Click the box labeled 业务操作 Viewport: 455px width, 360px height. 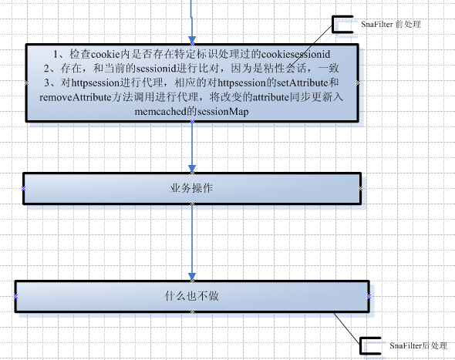point(192,189)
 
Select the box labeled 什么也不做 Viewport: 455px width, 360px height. point(192,296)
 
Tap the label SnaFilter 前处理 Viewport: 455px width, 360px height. point(391,25)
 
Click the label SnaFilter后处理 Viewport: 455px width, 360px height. point(418,346)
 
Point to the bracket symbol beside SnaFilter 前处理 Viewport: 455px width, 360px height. point(334,25)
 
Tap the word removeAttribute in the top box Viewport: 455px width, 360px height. point(76,97)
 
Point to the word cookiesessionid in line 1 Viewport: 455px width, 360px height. point(296,54)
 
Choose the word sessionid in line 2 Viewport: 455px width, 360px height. point(157,69)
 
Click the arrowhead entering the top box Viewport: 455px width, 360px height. point(192,40)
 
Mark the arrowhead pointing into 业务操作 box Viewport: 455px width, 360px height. point(192,169)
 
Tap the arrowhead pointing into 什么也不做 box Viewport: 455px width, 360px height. point(192,277)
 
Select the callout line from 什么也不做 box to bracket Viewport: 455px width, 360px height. point(346,328)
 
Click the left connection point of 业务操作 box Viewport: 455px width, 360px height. point(23,189)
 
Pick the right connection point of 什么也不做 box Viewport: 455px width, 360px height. point(369,296)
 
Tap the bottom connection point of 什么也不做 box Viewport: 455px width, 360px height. point(192,312)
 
